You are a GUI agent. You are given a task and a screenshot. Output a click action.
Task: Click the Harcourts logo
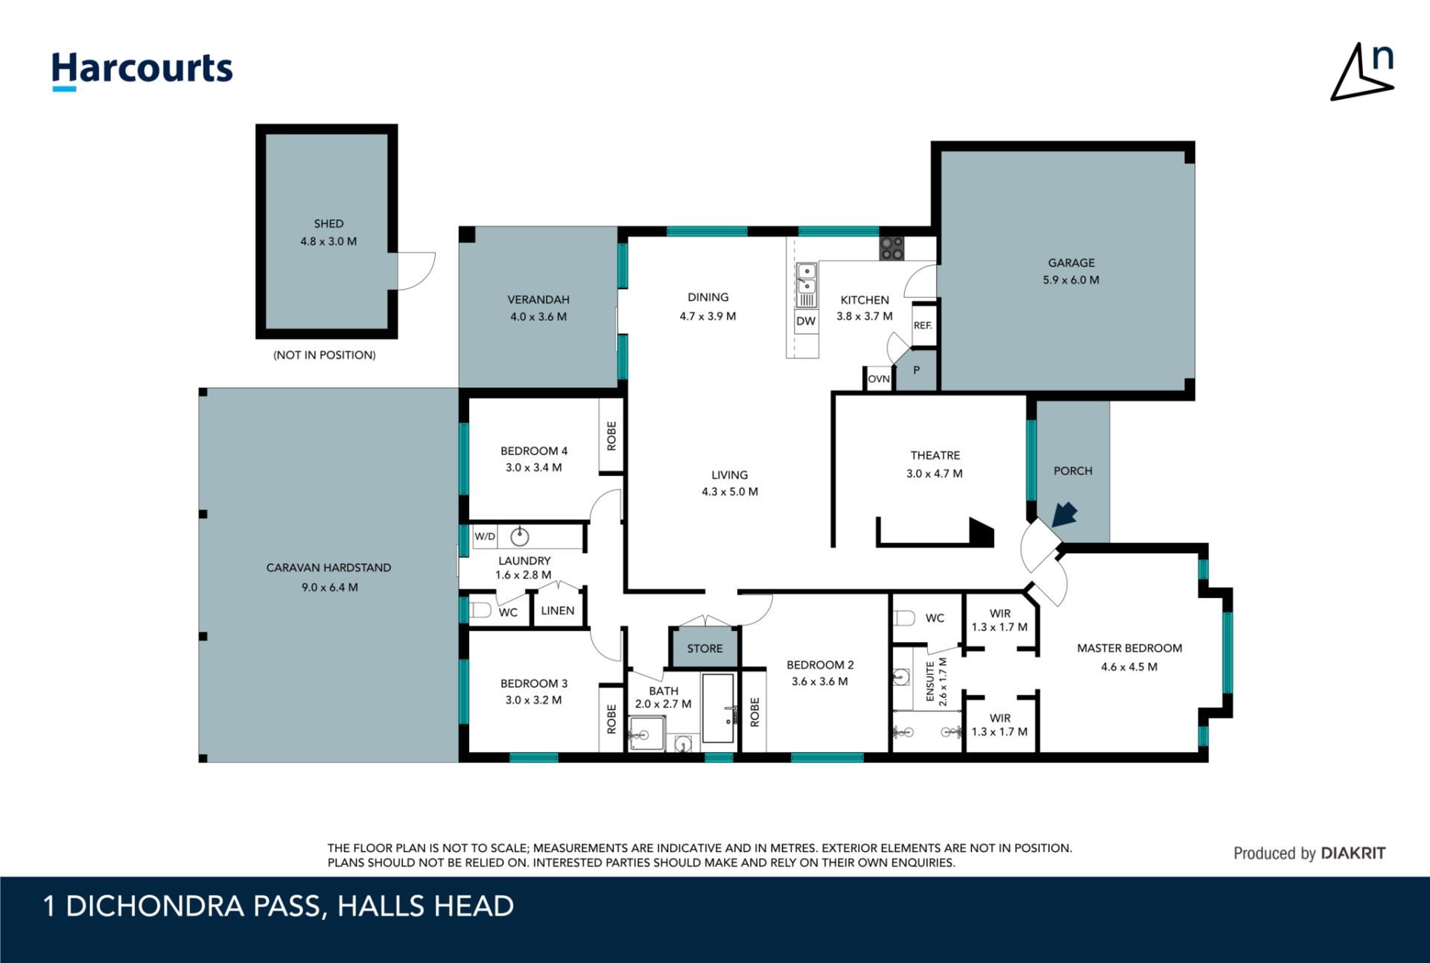(x=142, y=71)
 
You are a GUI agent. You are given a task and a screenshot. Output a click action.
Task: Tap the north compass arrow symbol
(x=1362, y=72)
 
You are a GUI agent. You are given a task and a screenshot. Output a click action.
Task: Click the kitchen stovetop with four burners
(x=892, y=249)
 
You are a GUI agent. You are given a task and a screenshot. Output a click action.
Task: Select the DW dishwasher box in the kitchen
(x=806, y=321)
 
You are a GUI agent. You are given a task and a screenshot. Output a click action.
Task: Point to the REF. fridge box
(x=924, y=325)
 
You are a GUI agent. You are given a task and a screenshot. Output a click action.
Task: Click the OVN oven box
(x=879, y=379)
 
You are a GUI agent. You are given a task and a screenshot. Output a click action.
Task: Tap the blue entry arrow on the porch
(x=1065, y=514)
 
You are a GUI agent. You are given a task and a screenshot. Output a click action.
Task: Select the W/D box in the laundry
(x=485, y=536)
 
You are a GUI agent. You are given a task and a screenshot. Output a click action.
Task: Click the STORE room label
(x=705, y=649)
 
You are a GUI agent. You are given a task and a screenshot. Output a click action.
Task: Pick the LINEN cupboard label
(x=558, y=611)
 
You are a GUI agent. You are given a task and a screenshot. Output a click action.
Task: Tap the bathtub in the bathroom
(x=719, y=708)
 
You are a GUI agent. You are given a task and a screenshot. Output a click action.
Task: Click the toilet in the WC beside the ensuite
(x=903, y=618)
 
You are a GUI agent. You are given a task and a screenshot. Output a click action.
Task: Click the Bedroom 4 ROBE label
(x=611, y=436)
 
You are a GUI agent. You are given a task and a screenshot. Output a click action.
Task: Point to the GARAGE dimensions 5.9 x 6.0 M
(x=1071, y=280)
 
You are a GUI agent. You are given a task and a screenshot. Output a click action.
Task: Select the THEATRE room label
(x=935, y=455)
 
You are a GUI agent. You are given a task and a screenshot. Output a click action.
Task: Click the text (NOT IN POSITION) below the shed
(x=325, y=355)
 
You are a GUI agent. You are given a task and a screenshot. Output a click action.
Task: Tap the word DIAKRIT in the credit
(x=1353, y=854)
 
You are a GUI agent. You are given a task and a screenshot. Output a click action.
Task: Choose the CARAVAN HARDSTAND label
(x=328, y=568)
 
